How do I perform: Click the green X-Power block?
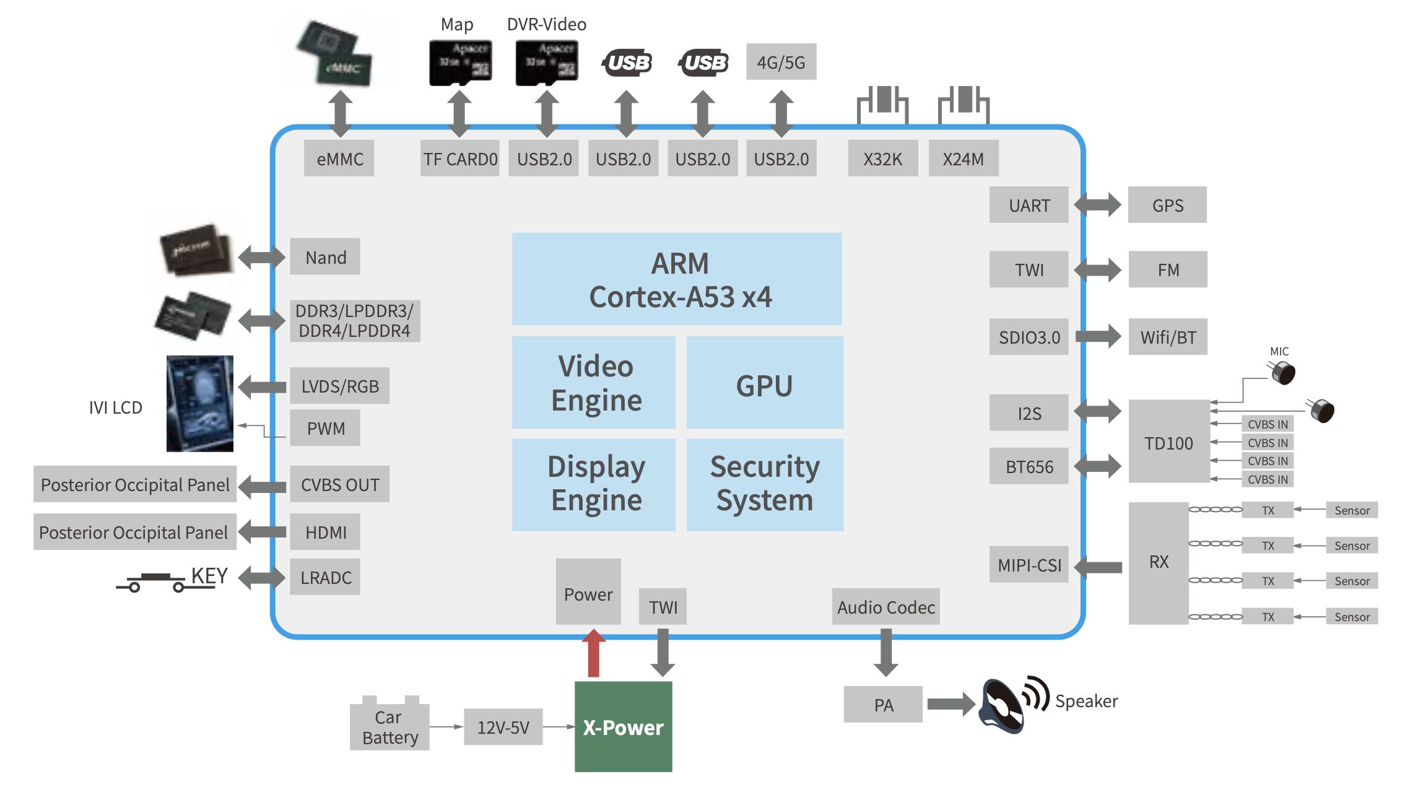(x=623, y=726)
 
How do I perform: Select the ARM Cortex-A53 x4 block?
(x=677, y=279)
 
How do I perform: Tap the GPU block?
(x=765, y=383)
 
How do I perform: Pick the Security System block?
(x=765, y=484)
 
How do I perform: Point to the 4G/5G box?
(x=781, y=62)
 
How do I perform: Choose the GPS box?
(x=1167, y=205)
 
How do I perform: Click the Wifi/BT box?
(x=1168, y=337)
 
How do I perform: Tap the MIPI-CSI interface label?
(x=1029, y=565)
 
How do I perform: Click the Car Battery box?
(x=389, y=726)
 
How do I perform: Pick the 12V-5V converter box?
(x=503, y=727)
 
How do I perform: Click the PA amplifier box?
(x=883, y=705)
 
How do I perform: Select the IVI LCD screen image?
(x=199, y=403)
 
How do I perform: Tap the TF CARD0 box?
(x=460, y=159)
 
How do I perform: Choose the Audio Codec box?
(x=885, y=607)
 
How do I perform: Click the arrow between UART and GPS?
(x=1097, y=205)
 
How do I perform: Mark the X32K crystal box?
(x=882, y=159)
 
